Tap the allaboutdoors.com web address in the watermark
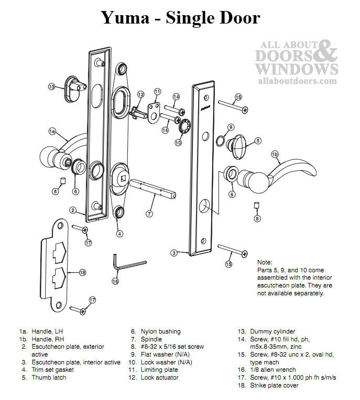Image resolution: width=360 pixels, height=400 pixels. (297, 81)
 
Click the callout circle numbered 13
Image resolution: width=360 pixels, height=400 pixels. (52, 86)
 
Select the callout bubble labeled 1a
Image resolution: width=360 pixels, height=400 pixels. (52, 131)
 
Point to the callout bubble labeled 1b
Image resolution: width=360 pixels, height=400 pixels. (275, 154)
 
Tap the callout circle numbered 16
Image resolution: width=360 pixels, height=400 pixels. (115, 281)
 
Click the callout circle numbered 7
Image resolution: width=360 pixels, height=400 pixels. (150, 214)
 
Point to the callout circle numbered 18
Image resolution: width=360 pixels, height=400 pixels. (82, 272)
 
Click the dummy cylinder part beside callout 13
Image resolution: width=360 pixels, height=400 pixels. (74, 85)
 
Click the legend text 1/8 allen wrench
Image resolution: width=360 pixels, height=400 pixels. (272, 370)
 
